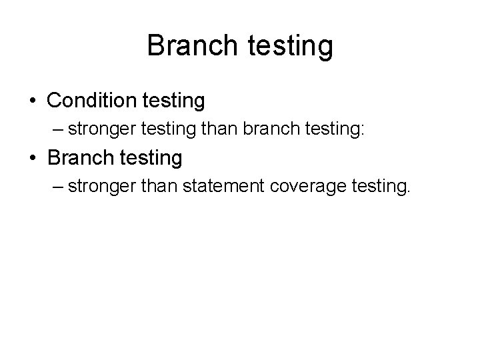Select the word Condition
[x=90, y=101]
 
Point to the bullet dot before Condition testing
[x=33, y=102]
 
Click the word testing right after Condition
[x=171, y=102]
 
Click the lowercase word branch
[x=269, y=129]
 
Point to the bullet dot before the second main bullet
[x=33, y=159]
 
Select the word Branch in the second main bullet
[x=79, y=158]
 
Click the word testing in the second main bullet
[x=149, y=159]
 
